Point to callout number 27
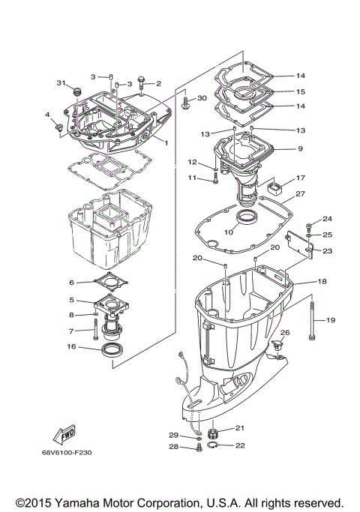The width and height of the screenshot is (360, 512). pyautogui.click(x=299, y=193)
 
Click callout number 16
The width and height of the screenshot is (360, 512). pyautogui.click(x=72, y=347)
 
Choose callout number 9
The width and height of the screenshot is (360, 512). pyautogui.click(x=299, y=148)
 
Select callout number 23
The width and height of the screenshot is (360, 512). pyautogui.click(x=326, y=251)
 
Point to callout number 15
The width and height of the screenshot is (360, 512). pyautogui.click(x=300, y=91)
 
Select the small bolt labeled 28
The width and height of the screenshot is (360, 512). pyautogui.click(x=198, y=448)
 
